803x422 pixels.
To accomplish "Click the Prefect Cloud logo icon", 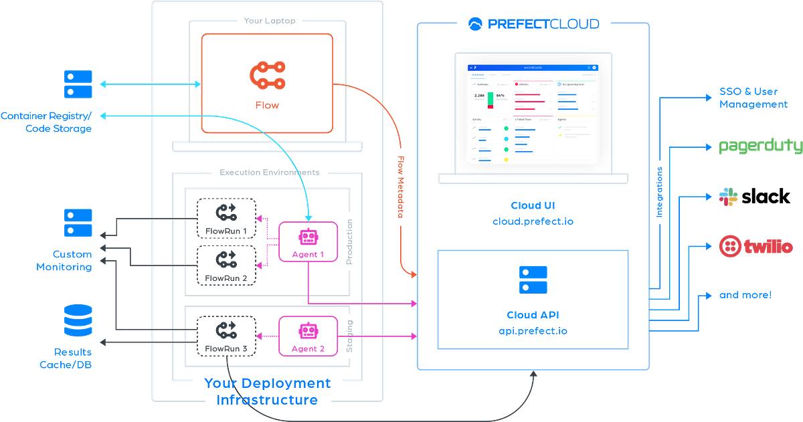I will pyautogui.click(x=476, y=24).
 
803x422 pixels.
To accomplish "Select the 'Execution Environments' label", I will pyautogui.click(x=270, y=172).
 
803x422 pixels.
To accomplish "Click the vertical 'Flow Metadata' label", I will pyautogui.click(x=401, y=187).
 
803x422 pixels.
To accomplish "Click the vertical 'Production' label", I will pyautogui.click(x=347, y=241).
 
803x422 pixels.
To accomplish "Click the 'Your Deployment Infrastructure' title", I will pyautogui.click(x=267, y=392).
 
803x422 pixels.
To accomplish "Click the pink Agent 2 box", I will pyautogui.click(x=308, y=336).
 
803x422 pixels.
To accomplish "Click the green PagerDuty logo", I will pyautogui.click(x=759, y=146).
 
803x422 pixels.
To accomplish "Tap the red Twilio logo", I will pyautogui.click(x=755, y=247).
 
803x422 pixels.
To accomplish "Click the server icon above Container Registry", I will pyautogui.click(x=78, y=84).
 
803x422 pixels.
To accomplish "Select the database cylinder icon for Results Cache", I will pyautogui.click(x=78, y=322).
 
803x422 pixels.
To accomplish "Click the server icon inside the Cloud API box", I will pyautogui.click(x=533, y=280).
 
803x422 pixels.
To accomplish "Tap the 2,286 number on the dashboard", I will pyautogui.click(x=479, y=96).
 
